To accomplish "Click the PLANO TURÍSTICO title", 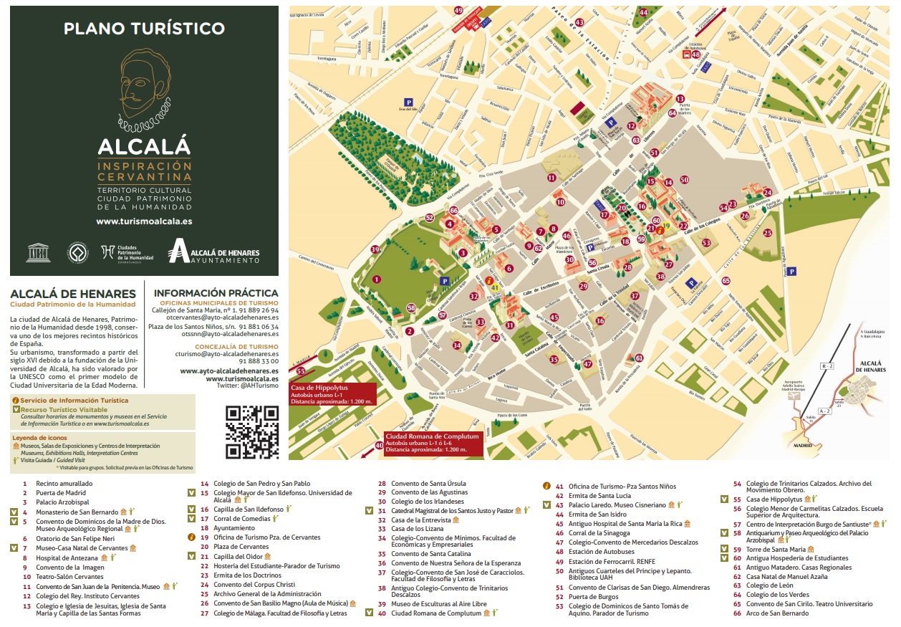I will (x=144, y=29).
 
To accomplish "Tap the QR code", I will (x=251, y=432).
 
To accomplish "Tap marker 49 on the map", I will (x=458, y=10).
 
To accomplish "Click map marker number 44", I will (x=643, y=12).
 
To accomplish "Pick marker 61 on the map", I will (x=639, y=358).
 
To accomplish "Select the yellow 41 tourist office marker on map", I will (x=494, y=287).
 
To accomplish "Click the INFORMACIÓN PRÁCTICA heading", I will (x=216, y=293).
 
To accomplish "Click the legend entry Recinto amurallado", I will (x=64, y=484).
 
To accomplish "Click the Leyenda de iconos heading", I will (x=40, y=437).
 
